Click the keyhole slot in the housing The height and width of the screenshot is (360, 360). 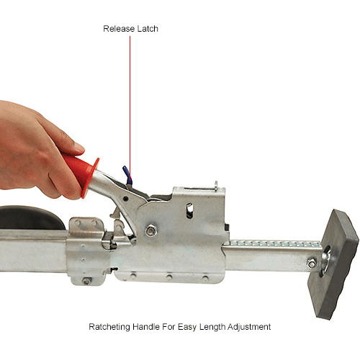[189, 210]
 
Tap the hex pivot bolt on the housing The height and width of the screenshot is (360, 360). [152, 230]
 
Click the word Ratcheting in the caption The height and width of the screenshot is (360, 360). [111, 327]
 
